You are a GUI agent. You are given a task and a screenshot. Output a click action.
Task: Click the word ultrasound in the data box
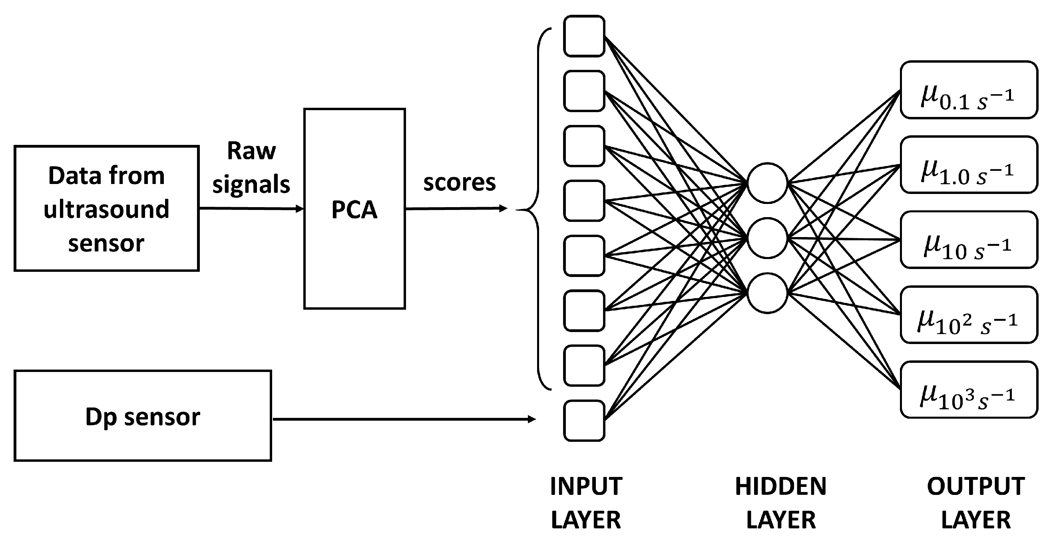tap(106, 209)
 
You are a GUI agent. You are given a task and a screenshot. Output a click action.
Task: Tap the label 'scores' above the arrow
tap(460, 182)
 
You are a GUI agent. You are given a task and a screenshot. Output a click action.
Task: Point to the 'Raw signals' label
tap(251, 167)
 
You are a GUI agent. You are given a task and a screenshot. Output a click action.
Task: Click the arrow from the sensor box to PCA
tap(251, 209)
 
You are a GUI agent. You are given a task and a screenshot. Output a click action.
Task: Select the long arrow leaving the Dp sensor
tap(404, 419)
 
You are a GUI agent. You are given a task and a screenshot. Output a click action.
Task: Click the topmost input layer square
tap(584, 36)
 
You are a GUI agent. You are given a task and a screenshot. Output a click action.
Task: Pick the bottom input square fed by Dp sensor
tap(584, 421)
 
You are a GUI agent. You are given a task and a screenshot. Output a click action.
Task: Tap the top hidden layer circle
tap(767, 182)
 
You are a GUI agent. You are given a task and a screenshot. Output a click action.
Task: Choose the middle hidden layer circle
tap(767, 238)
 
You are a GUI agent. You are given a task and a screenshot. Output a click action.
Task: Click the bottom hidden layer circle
tap(767, 293)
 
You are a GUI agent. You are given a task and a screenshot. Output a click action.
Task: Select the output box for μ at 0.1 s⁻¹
tap(969, 90)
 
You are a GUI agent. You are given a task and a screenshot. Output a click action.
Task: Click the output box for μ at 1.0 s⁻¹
tap(969, 165)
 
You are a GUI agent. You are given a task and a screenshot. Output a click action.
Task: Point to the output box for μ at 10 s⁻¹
tap(969, 239)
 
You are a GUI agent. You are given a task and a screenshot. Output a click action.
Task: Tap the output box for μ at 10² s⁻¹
tap(969, 315)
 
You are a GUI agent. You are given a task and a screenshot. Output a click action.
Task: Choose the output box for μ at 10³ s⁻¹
tap(969, 390)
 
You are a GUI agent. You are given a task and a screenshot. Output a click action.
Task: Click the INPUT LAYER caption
tap(586, 503)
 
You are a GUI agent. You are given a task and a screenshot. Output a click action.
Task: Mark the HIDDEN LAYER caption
tap(780, 503)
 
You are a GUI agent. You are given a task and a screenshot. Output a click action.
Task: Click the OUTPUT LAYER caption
tap(976, 503)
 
